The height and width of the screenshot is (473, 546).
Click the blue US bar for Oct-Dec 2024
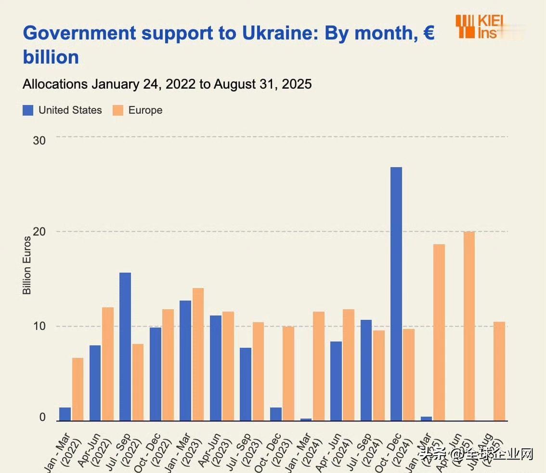click(x=396, y=294)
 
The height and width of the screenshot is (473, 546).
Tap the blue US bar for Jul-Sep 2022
click(x=125, y=347)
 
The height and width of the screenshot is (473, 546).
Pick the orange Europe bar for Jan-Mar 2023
click(x=198, y=355)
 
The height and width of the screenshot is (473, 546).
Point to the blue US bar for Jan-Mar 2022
click(x=65, y=414)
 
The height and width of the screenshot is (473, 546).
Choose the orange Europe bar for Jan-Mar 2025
click(x=439, y=332)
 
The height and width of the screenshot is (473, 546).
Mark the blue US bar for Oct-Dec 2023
click(x=276, y=414)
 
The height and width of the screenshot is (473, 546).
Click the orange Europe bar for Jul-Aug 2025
click(x=499, y=371)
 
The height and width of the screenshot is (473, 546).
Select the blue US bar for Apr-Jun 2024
click(x=336, y=381)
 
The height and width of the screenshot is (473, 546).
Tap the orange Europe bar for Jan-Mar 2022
click(x=78, y=389)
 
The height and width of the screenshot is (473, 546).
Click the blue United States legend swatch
click(x=28, y=110)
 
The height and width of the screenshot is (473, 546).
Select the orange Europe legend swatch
click(x=118, y=110)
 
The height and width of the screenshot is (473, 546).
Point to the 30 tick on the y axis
click(x=39, y=140)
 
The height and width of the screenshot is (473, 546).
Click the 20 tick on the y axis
click(x=39, y=232)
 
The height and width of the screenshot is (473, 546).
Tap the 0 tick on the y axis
click(x=42, y=417)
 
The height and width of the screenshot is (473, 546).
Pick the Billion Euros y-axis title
click(x=27, y=265)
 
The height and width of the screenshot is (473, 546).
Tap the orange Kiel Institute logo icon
click(x=465, y=26)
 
